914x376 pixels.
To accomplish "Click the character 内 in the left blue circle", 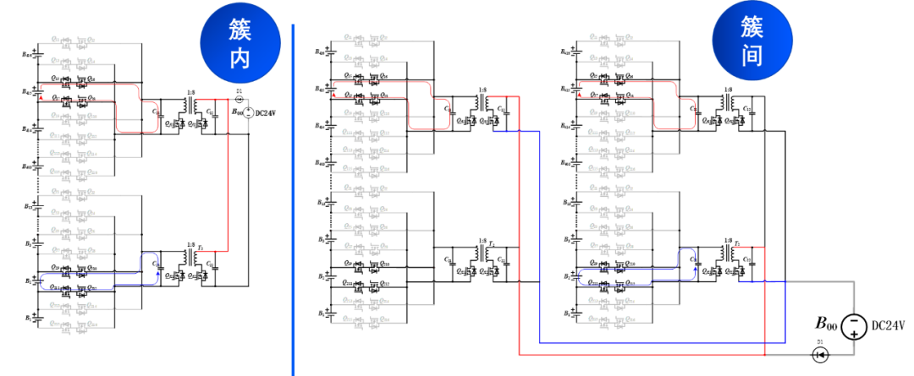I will (x=240, y=58).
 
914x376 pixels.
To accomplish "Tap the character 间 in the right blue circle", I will (x=752, y=56).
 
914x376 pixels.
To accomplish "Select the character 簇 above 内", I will (x=240, y=30).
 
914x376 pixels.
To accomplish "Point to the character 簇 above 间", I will (x=752, y=27).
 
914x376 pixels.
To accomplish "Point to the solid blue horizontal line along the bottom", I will (x=660, y=342).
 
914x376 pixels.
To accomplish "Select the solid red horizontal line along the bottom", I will (x=643, y=355).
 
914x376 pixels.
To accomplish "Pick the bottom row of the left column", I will (x=81, y=325).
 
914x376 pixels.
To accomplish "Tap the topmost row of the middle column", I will (x=381, y=40).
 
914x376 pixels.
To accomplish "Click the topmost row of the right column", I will (x=626, y=40).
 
